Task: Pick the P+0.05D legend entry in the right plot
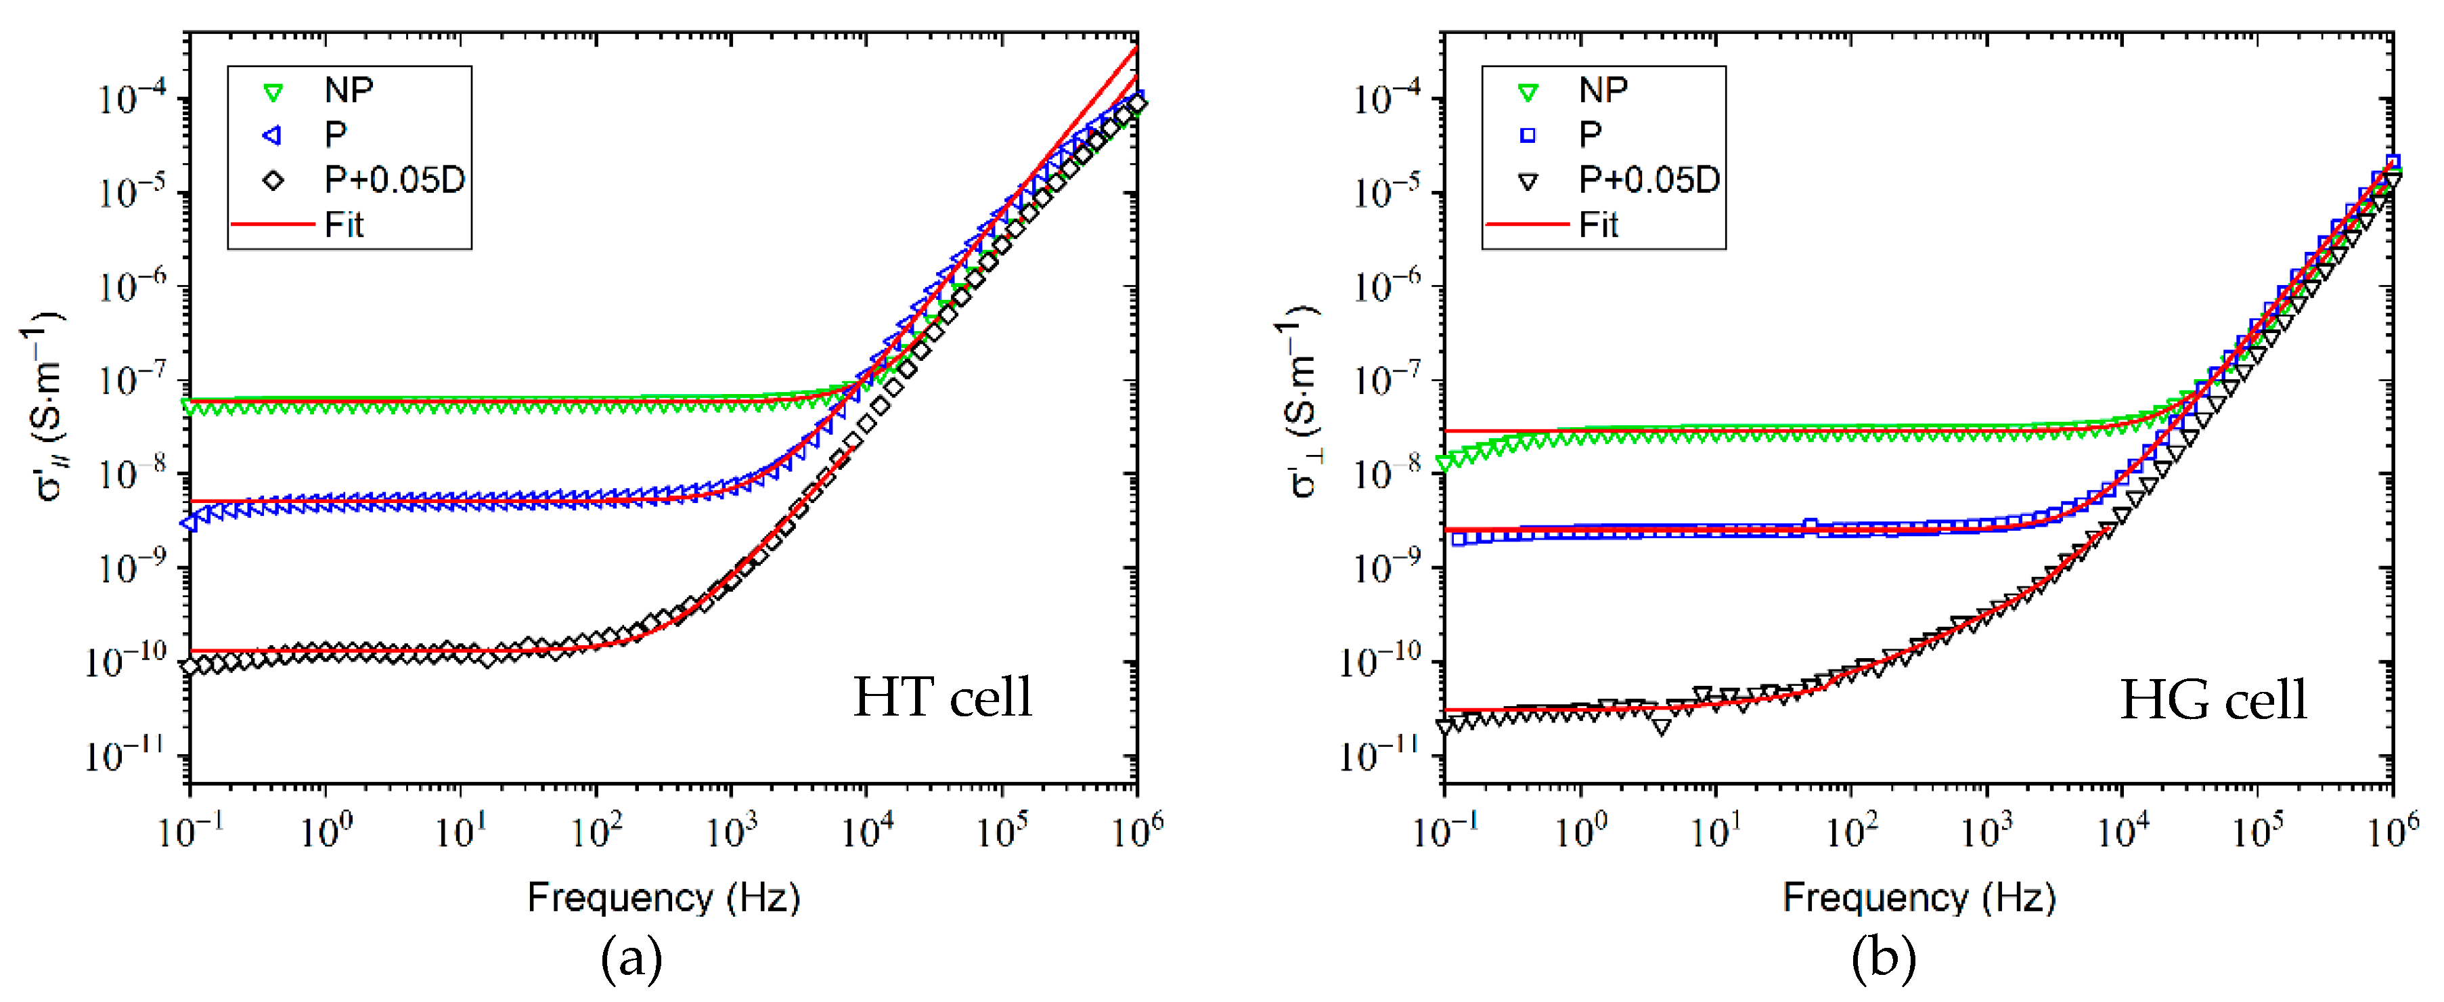pos(1648,179)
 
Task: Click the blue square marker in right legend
pos(1528,135)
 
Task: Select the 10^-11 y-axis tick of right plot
pos(1386,756)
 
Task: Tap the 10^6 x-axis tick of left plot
pos(1136,831)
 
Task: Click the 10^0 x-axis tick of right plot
pos(1580,831)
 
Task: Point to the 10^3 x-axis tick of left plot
pos(732,831)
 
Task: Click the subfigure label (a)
pos(631,959)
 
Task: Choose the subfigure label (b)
pos(1884,959)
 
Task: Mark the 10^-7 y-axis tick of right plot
pos(1386,380)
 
